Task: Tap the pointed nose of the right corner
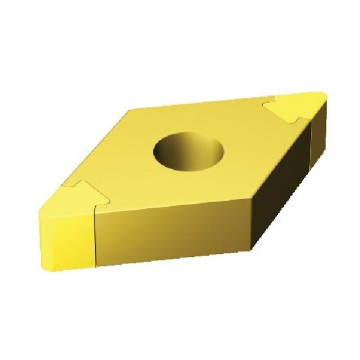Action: (x=325, y=96)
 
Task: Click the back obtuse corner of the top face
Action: (x=133, y=109)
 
